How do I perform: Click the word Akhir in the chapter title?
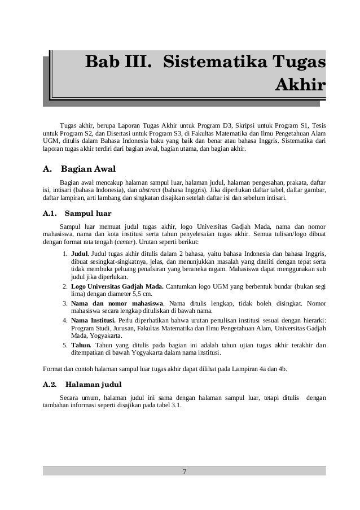299,85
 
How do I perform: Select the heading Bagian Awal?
89,168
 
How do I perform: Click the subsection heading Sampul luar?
88,214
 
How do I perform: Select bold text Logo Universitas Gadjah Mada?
118,286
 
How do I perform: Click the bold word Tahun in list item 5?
82,344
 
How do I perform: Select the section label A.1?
51,214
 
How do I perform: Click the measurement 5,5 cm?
140,294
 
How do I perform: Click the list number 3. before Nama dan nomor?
66,303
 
